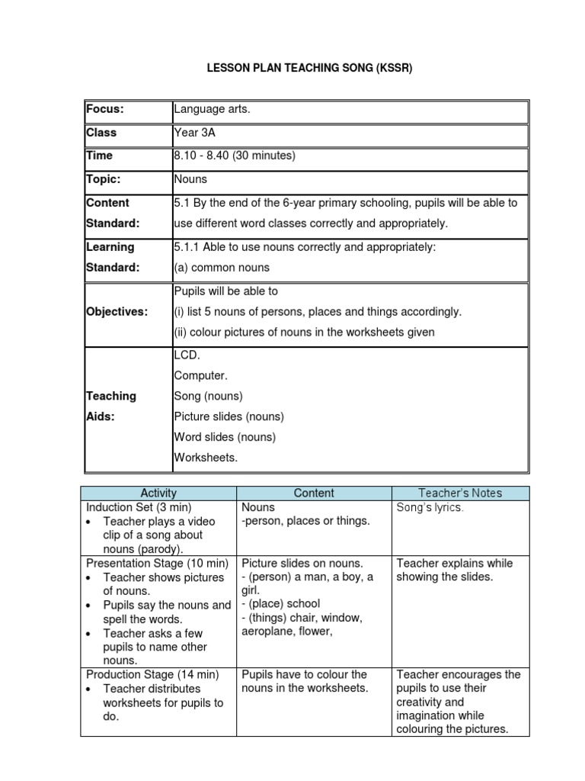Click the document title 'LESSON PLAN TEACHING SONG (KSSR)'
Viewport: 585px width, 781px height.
click(x=310, y=69)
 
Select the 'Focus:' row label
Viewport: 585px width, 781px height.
click(x=104, y=110)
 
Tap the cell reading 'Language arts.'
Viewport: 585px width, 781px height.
click(x=212, y=110)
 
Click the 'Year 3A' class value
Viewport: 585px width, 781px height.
click(x=195, y=133)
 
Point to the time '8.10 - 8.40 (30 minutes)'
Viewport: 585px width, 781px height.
click(x=234, y=156)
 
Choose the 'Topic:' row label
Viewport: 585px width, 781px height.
click(x=104, y=178)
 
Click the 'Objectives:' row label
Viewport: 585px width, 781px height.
click(x=117, y=312)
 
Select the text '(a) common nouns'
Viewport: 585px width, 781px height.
click(x=222, y=268)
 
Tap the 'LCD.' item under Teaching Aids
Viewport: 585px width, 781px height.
click(x=187, y=355)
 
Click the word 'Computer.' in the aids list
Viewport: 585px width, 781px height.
click(x=200, y=375)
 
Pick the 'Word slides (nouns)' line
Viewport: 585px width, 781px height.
click(x=225, y=437)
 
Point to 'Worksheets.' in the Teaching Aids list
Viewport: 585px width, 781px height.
click(x=206, y=458)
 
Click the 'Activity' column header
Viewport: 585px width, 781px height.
click(x=158, y=493)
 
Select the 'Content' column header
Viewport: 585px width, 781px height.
click(x=314, y=493)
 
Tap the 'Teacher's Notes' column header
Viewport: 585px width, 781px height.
click(x=460, y=493)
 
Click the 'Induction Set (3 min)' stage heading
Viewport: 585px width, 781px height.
click(x=139, y=507)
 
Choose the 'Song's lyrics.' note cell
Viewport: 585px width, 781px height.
click(x=430, y=507)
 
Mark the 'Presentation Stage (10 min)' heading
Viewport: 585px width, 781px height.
click(x=158, y=564)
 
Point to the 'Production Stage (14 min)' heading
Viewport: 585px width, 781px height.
click(x=152, y=675)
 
